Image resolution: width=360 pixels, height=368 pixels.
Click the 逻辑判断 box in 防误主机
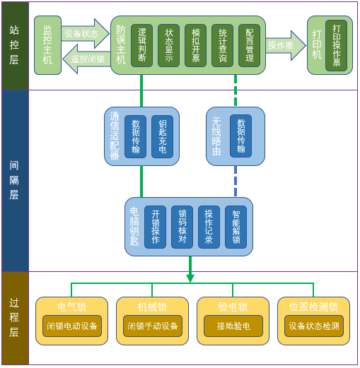(x=141, y=46)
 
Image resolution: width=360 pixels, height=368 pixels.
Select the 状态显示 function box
(x=168, y=46)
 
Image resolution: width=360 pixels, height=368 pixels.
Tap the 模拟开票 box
(x=195, y=46)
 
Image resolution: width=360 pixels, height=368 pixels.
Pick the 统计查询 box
(x=222, y=46)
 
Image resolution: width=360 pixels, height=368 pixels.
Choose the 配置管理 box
(x=249, y=46)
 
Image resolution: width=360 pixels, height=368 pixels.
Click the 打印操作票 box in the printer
(x=336, y=46)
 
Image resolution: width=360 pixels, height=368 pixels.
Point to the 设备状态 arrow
(x=86, y=33)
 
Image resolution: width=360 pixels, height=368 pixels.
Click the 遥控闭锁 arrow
(x=86, y=59)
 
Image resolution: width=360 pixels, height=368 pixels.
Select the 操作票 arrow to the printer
(x=286, y=45)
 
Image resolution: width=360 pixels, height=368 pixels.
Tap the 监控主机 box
(x=47, y=45)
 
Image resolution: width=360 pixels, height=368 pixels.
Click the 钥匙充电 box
(x=162, y=136)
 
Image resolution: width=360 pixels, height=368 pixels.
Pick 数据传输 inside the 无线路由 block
(x=240, y=136)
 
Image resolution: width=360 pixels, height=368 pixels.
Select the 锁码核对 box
(x=182, y=227)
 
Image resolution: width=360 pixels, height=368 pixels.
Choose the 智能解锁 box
(x=236, y=227)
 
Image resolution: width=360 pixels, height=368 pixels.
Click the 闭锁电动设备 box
(x=72, y=326)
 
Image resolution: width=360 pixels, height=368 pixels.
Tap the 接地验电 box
(x=233, y=326)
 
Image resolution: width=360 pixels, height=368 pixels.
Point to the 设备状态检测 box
(x=314, y=326)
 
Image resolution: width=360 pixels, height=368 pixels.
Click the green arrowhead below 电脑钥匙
(x=190, y=278)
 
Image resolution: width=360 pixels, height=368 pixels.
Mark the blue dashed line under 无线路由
(x=236, y=182)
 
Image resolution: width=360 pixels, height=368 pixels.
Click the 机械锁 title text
(x=152, y=307)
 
